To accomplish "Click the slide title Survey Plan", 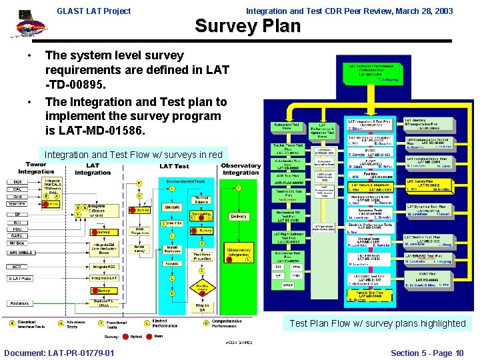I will click(247, 26).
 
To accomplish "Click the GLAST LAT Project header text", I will click(94, 11).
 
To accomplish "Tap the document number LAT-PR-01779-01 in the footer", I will click(59, 353).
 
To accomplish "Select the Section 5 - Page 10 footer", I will click(427, 353).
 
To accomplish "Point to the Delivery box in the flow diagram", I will click(238, 216).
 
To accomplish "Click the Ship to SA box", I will click(202, 307).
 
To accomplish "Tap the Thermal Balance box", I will click(201, 201).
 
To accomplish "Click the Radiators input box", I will click(20, 304).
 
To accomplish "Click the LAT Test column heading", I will click(174, 166).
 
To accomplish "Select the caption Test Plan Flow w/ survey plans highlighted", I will click(377, 323).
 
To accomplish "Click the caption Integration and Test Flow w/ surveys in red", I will click(133, 155).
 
